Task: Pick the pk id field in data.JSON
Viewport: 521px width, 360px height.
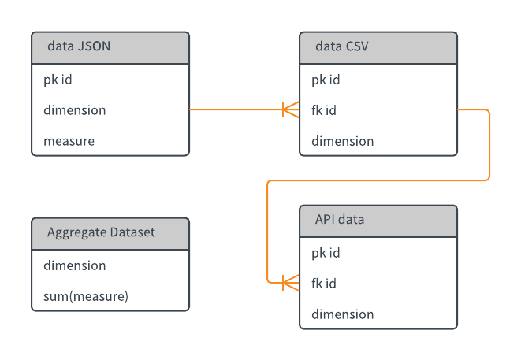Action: pyautogui.click(x=58, y=80)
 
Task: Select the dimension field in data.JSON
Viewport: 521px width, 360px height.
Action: pyautogui.click(x=74, y=110)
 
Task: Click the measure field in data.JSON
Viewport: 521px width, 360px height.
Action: pyautogui.click(x=69, y=141)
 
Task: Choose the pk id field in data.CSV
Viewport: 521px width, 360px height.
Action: pyautogui.click(x=326, y=80)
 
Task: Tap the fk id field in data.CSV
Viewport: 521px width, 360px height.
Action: pyautogui.click(x=324, y=110)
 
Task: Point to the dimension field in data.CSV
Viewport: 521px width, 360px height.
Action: pyautogui.click(x=342, y=141)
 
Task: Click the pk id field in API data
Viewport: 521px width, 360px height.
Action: pyautogui.click(x=326, y=253)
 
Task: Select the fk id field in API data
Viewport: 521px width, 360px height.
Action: pyautogui.click(x=324, y=283)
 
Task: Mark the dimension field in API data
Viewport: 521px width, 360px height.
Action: pyautogui.click(x=342, y=314)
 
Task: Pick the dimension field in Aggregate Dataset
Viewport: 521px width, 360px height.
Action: pyautogui.click(x=74, y=265)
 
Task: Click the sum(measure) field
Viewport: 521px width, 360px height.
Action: pyautogui.click(x=85, y=296)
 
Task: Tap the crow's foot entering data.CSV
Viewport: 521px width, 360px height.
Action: pyautogui.click(x=291, y=109)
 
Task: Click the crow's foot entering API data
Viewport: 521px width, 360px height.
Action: pyautogui.click(x=291, y=282)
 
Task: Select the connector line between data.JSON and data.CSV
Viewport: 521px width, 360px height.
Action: pyautogui.click(x=236, y=109)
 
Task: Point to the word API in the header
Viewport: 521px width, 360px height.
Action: pyautogui.click(x=324, y=220)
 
